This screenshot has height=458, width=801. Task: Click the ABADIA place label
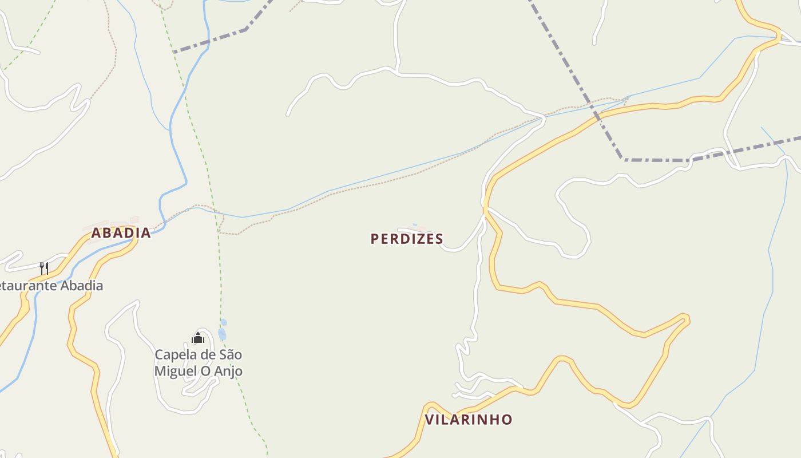[x=121, y=233]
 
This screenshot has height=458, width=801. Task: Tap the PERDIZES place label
[x=407, y=239]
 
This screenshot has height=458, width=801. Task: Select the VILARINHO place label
[x=468, y=420]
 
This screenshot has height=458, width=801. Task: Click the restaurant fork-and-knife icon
[x=43, y=267]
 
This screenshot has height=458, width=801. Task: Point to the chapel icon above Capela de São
[x=198, y=338]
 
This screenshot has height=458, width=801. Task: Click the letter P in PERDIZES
[x=375, y=239]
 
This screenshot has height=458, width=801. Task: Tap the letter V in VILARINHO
[x=429, y=420]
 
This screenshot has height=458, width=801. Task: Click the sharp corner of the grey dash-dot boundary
[x=624, y=159]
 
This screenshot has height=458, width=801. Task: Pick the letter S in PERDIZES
[x=439, y=239]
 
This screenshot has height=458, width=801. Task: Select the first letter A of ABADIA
[x=96, y=233]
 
